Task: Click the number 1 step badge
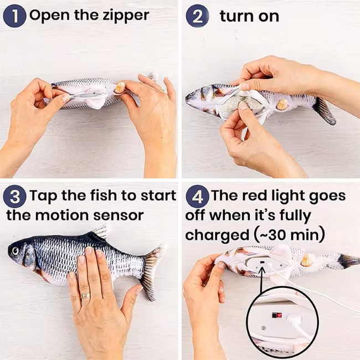(14, 16)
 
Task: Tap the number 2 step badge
(197, 16)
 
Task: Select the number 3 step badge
(14, 197)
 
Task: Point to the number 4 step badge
(197, 197)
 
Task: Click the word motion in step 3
(61, 215)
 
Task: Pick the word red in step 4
(255, 196)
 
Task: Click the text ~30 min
(290, 235)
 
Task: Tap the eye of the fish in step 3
(16, 251)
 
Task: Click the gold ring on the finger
(85, 296)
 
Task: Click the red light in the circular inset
(279, 315)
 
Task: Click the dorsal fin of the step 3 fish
(99, 232)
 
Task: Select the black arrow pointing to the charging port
(261, 279)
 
